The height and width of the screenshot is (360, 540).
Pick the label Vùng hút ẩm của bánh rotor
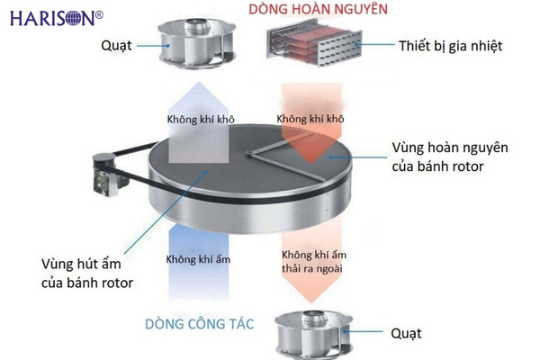[x=87, y=274]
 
